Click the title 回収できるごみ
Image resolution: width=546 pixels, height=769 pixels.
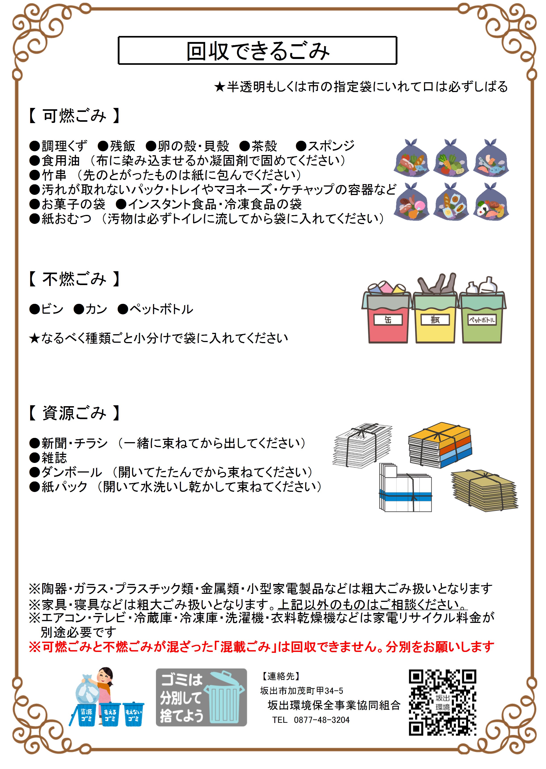pos(258,51)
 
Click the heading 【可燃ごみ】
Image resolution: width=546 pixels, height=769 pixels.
pos(74,116)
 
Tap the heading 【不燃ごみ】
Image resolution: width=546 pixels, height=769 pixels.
pos(74,279)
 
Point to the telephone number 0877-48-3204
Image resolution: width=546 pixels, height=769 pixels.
pos(322,720)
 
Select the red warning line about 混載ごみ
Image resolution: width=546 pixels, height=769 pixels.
pos(262,647)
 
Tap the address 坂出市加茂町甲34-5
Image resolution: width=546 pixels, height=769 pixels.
pos(302,691)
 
